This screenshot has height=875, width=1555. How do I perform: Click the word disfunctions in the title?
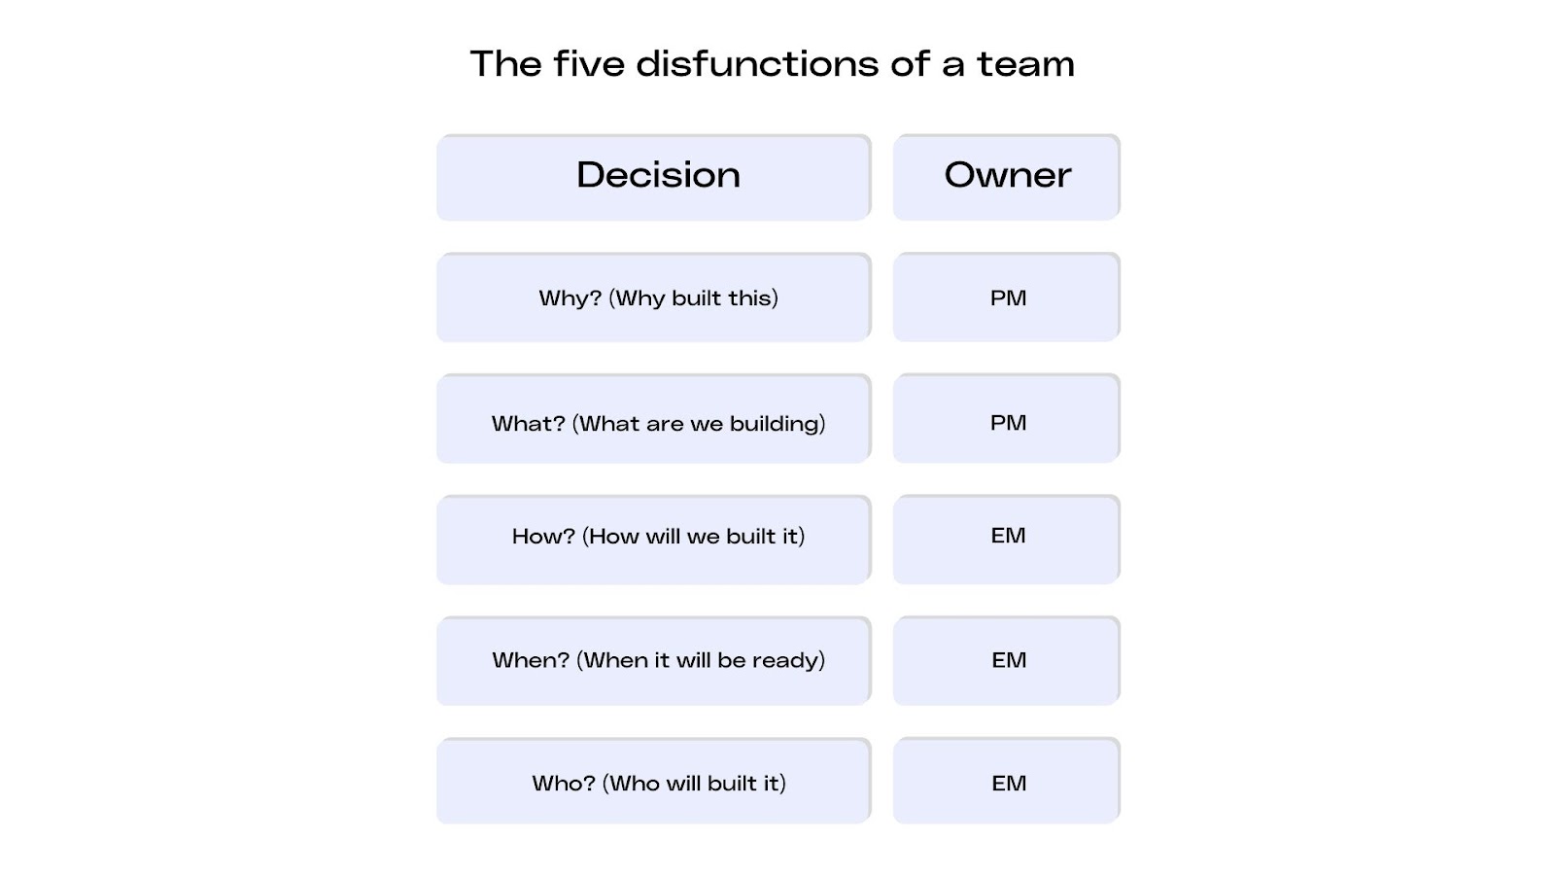pyautogui.click(x=758, y=64)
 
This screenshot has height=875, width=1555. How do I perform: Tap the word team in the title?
pyautogui.click(x=1025, y=64)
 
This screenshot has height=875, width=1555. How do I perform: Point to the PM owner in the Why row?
pyautogui.click(x=1008, y=297)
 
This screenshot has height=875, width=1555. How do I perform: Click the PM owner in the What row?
pyautogui.click(x=1008, y=423)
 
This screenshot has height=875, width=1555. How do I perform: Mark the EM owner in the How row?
pyautogui.click(x=1008, y=536)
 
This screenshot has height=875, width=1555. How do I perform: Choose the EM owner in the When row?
pyautogui.click(x=1009, y=660)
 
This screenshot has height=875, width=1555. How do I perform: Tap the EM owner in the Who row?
pyautogui.click(x=1009, y=783)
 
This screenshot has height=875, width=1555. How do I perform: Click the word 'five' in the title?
pyautogui.click(x=589, y=64)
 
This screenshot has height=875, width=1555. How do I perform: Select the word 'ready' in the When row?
pyautogui.click(x=787, y=661)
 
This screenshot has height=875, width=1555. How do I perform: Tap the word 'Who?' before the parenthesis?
pyautogui.click(x=563, y=784)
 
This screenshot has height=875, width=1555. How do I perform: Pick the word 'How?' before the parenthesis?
pyautogui.click(x=543, y=537)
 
